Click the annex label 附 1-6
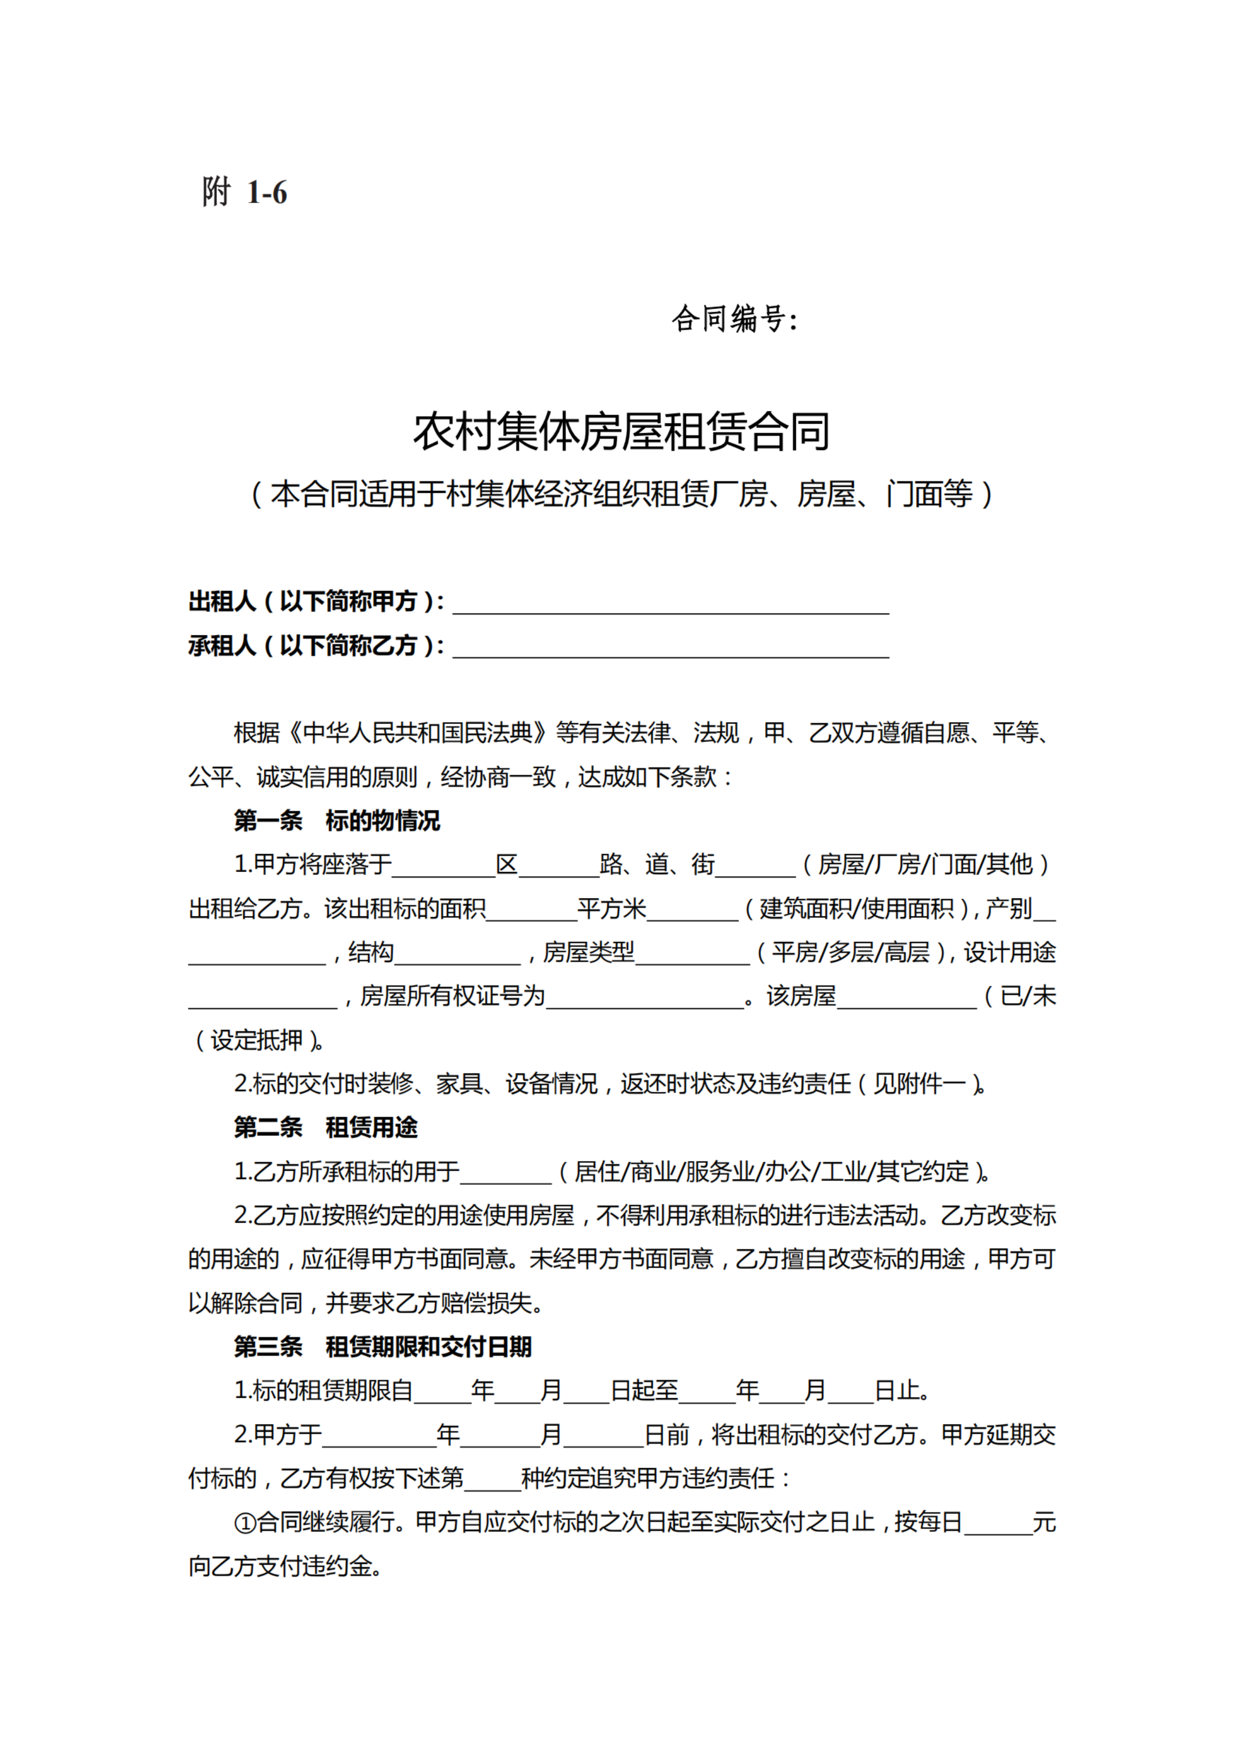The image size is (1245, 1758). pos(244,192)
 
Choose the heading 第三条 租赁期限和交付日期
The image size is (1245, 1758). pos(383,1347)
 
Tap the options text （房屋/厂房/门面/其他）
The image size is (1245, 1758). pos(925,865)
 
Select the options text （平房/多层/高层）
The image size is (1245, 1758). pos(850,952)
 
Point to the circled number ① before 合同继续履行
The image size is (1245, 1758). pos(244,1523)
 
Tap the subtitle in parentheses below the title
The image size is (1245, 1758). pos(622,494)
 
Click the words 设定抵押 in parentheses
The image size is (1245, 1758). pos(257,1040)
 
